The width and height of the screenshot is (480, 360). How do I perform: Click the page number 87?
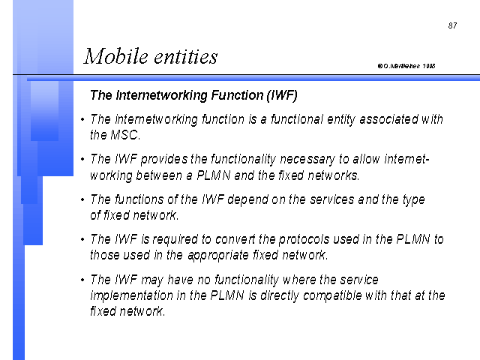pos(452,25)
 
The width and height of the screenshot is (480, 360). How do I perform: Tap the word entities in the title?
pos(186,57)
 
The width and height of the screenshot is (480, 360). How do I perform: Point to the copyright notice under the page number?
pos(406,66)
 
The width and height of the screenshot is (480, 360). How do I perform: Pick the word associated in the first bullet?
pos(388,118)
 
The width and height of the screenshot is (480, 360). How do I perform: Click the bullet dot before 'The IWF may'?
pos(82,280)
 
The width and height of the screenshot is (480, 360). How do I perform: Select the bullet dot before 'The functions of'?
pos(82,199)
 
